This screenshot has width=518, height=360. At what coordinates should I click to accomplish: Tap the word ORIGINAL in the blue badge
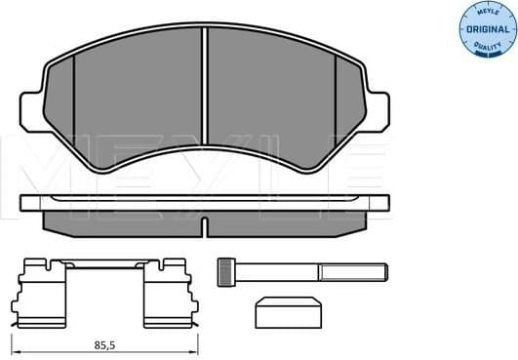[x=485, y=30]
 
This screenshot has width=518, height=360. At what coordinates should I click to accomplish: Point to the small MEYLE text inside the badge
[x=485, y=13]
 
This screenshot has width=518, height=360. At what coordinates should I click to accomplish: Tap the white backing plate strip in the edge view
[x=205, y=204]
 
